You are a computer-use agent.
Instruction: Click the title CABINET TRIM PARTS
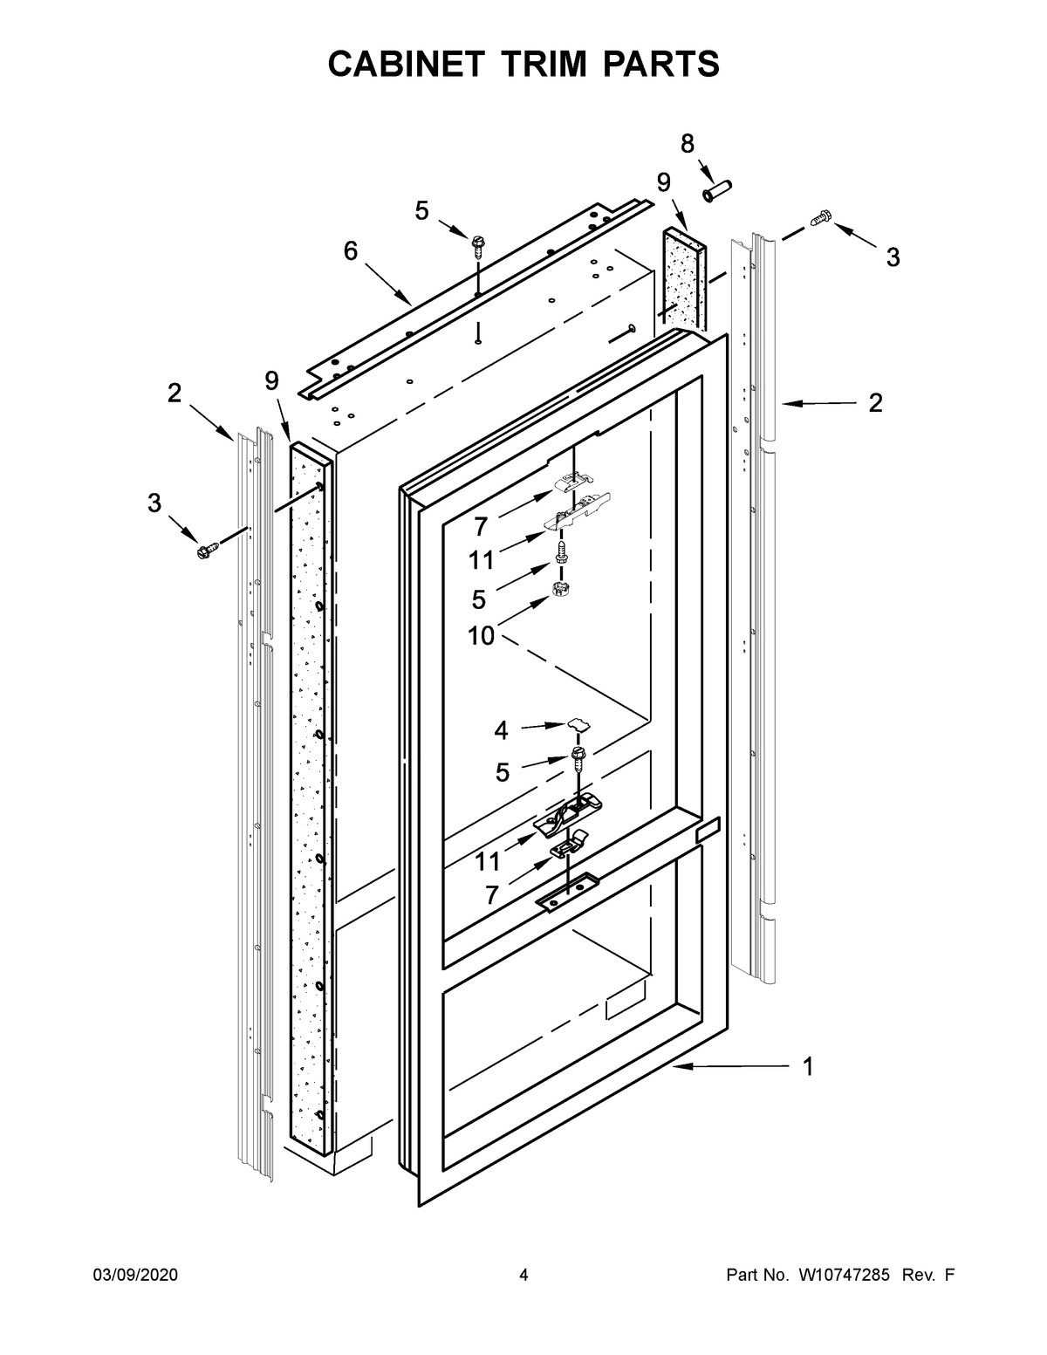tap(523, 65)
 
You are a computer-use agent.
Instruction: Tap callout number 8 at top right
tap(688, 144)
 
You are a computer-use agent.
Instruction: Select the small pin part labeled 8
tap(718, 188)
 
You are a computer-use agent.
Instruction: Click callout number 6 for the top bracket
tap(351, 251)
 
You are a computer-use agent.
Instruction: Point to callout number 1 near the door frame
tap(808, 1066)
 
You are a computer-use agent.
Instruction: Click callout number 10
tap(481, 636)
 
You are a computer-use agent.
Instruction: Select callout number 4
tap(501, 730)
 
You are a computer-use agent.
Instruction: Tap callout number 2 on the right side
tap(875, 402)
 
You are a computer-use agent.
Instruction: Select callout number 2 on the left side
tap(174, 393)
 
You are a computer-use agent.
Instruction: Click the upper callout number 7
tap(481, 526)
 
